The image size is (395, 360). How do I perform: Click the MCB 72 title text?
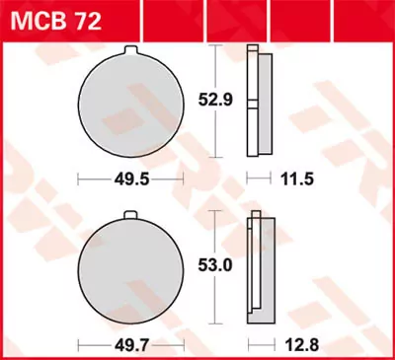tap(45, 18)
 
